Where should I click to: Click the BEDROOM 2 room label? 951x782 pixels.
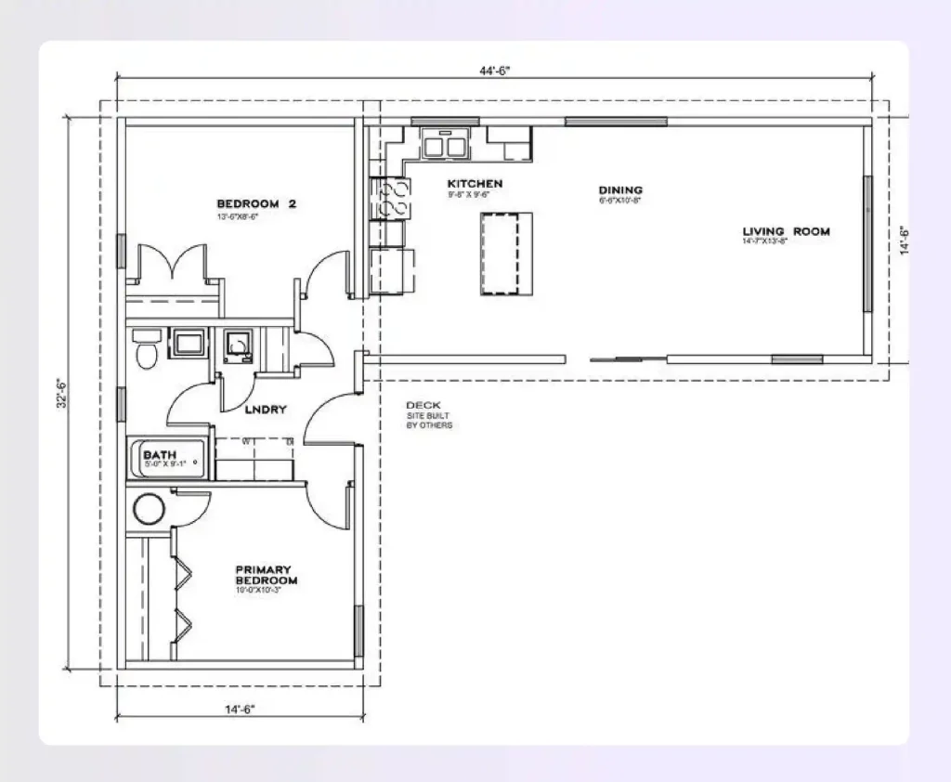(255, 204)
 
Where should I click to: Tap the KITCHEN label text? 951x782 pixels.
(475, 184)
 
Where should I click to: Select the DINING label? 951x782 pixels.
(620, 189)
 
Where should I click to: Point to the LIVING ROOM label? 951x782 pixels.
(786, 231)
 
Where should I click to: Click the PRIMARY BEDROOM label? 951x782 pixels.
(266, 575)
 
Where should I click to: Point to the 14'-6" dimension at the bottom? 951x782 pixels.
(239, 710)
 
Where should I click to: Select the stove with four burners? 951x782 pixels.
(392, 196)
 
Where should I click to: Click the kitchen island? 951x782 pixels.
(507, 253)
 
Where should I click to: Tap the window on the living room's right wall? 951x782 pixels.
(868, 241)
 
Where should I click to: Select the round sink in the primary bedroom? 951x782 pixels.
(148, 509)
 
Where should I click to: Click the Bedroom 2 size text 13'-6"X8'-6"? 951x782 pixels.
(236, 216)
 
